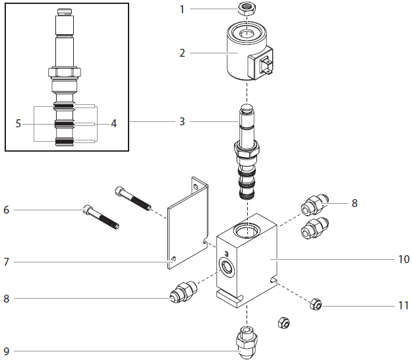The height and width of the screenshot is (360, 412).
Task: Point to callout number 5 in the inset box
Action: coord(19,123)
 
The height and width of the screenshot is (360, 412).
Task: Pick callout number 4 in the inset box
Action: coord(113,123)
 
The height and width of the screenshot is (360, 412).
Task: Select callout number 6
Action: coord(7,210)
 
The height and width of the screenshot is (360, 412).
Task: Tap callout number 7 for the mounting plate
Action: coord(7,262)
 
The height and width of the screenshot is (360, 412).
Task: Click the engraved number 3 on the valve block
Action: coord(226,253)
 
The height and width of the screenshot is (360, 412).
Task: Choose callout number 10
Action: coord(403,259)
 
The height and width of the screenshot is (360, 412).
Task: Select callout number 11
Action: coord(403,307)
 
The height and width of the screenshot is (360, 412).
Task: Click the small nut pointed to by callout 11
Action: coord(316,304)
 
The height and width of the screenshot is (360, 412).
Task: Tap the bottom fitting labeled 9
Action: coord(247,341)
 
